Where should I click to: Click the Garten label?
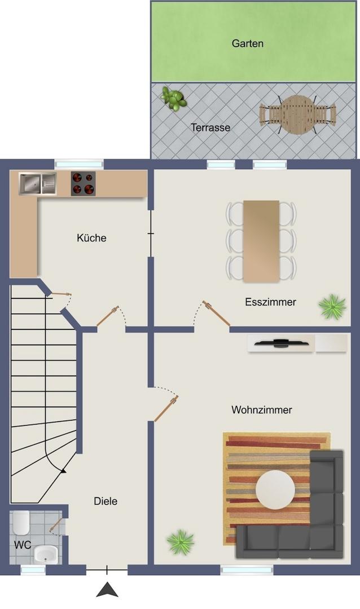247,43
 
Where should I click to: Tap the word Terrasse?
210,127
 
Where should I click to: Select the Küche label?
91,238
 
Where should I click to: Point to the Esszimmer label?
271,302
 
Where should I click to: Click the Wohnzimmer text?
262,410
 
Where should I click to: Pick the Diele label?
106,501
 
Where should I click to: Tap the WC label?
23,545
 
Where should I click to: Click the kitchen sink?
38,184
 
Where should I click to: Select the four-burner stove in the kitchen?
83,184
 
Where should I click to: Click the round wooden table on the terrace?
298,114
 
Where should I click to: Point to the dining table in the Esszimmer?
261,241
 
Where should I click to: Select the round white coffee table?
275,489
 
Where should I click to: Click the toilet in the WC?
21,523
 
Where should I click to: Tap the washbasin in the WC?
46,554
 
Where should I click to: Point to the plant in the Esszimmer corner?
332,306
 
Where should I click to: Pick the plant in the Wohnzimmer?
180,541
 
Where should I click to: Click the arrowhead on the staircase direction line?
63,471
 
